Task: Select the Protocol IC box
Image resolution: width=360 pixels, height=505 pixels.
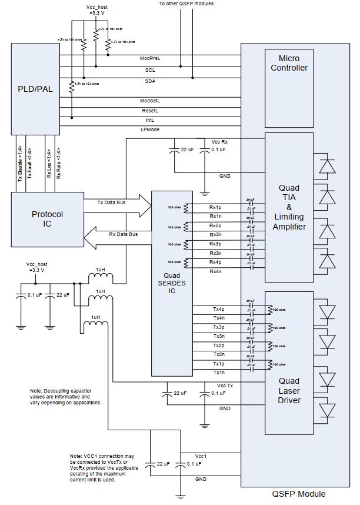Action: pyautogui.click(x=47, y=219)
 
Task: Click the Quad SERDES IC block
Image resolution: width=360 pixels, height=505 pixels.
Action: pyautogui.click(x=172, y=283)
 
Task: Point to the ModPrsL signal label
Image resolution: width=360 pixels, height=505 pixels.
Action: pyautogui.click(x=149, y=58)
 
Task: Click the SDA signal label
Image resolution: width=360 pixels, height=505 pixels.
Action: pyautogui.click(x=150, y=81)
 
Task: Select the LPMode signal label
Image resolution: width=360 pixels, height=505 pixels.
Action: pyautogui.click(x=149, y=129)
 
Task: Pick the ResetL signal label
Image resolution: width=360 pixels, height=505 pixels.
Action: pyautogui.click(x=149, y=110)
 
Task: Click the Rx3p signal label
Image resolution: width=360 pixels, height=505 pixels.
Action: pyautogui.click(x=215, y=244)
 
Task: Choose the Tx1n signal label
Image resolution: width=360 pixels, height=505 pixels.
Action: pyautogui.click(x=218, y=373)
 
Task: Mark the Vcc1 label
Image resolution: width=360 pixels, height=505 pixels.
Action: pyautogui.click(x=201, y=457)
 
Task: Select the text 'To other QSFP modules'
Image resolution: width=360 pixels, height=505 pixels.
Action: pyautogui.click(x=186, y=4)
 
